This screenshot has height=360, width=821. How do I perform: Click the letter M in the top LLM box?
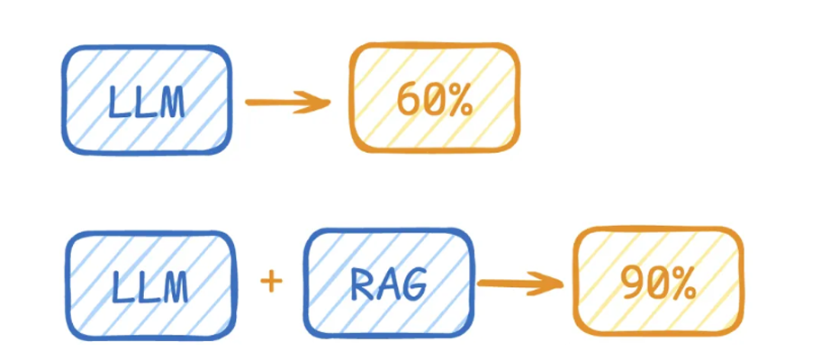click(169, 103)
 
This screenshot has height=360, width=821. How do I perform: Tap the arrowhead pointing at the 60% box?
click(324, 102)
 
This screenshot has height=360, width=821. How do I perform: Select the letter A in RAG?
click(387, 285)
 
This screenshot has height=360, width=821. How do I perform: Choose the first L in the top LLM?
click(117, 103)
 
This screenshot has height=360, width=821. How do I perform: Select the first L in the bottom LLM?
click(122, 287)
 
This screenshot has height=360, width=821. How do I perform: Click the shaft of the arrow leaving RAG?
click(509, 284)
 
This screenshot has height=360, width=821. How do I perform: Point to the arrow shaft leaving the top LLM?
click(279, 102)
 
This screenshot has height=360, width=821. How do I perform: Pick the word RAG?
click(387, 285)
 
